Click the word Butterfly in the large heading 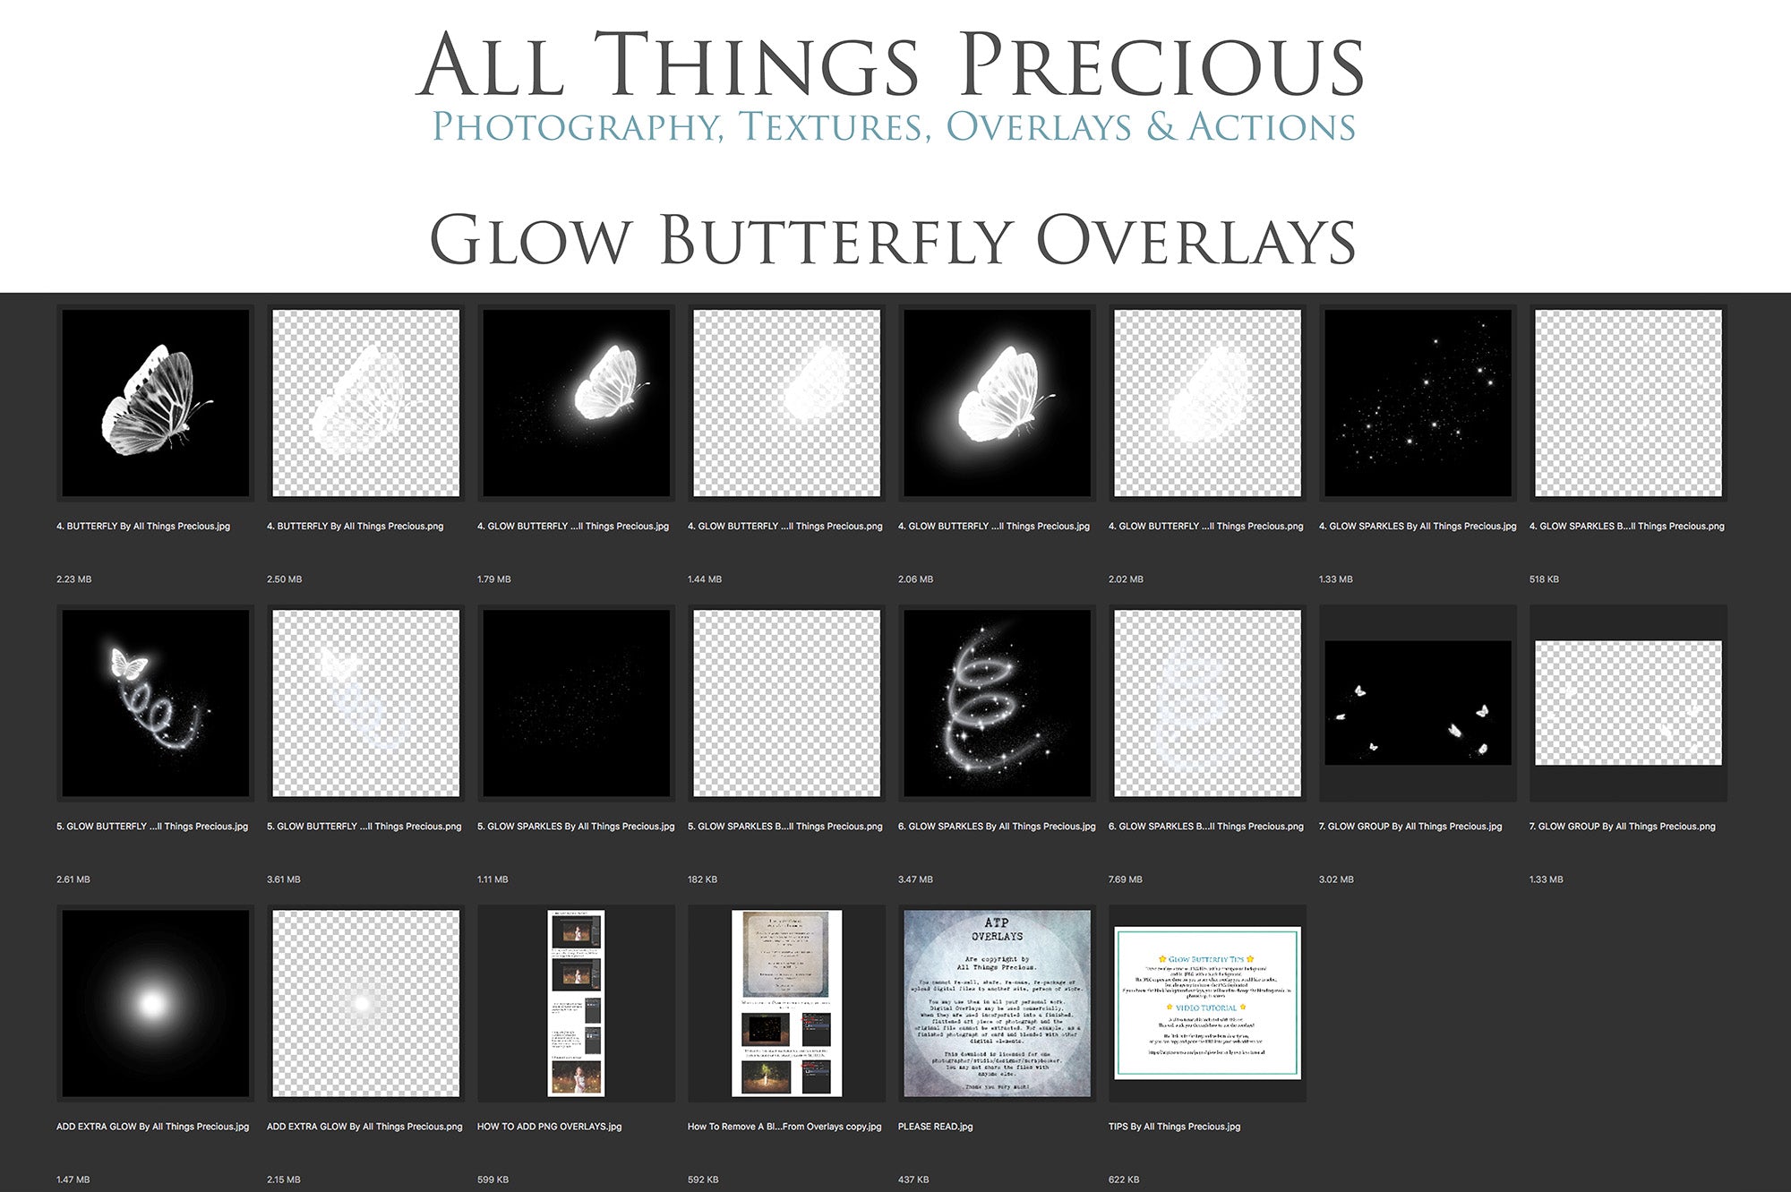[836, 240]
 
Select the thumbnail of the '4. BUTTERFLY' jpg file [156, 403]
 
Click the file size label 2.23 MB [74, 579]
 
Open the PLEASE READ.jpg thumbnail [997, 1003]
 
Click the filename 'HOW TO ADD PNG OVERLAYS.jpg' [549, 1127]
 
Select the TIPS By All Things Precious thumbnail [1207, 1003]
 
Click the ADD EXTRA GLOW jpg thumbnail [156, 1003]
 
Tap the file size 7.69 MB [1126, 879]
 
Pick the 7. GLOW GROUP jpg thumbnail [1418, 703]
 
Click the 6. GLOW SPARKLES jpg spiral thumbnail [997, 703]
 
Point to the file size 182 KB [702, 879]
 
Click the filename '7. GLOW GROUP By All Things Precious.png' [1622, 827]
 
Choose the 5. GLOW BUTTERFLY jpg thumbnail [156, 703]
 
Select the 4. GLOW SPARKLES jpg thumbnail [1418, 403]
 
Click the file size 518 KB [1544, 579]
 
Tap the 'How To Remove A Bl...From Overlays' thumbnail [786, 1003]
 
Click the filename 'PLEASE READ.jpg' [935, 1127]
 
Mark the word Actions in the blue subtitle [1272, 127]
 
